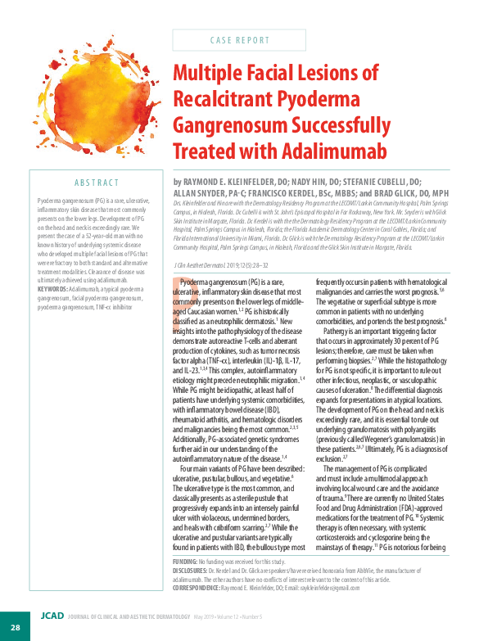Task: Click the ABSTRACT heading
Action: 97,183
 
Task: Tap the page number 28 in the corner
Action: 15,626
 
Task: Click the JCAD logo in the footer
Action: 51,616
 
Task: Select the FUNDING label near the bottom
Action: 186,562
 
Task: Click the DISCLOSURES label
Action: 192,570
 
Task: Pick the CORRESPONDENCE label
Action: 197,587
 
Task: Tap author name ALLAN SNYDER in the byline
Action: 201,192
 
